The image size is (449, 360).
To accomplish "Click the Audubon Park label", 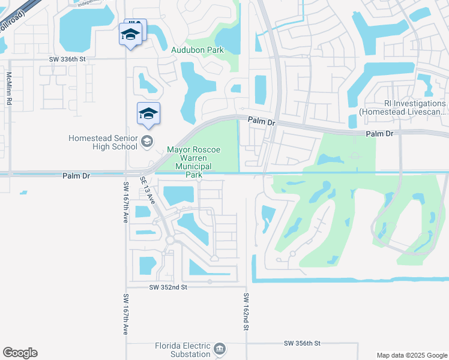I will click(x=197, y=50).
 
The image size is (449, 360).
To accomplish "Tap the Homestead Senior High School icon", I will click(x=146, y=142).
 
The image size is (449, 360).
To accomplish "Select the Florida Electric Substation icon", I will click(x=220, y=349).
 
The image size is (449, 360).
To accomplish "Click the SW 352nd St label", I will click(x=169, y=288).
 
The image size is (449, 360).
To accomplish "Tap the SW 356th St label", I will click(x=303, y=343).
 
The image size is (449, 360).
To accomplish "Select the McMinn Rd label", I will click(x=9, y=89).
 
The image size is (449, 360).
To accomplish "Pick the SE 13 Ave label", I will click(x=147, y=190).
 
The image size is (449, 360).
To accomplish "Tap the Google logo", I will click(x=20, y=353).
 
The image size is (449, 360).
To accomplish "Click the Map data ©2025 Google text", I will click(x=412, y=355).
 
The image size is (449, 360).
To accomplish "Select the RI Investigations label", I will click(x=403, y=107).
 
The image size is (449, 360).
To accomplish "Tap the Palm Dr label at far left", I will click(x=76, y=176).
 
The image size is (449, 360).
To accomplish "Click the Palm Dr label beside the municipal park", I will click(x=262, y=122).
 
